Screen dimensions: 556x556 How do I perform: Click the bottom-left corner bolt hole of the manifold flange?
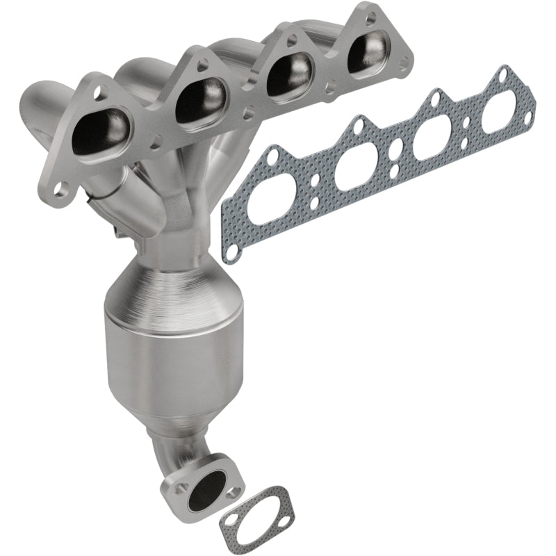click(61, 188)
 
